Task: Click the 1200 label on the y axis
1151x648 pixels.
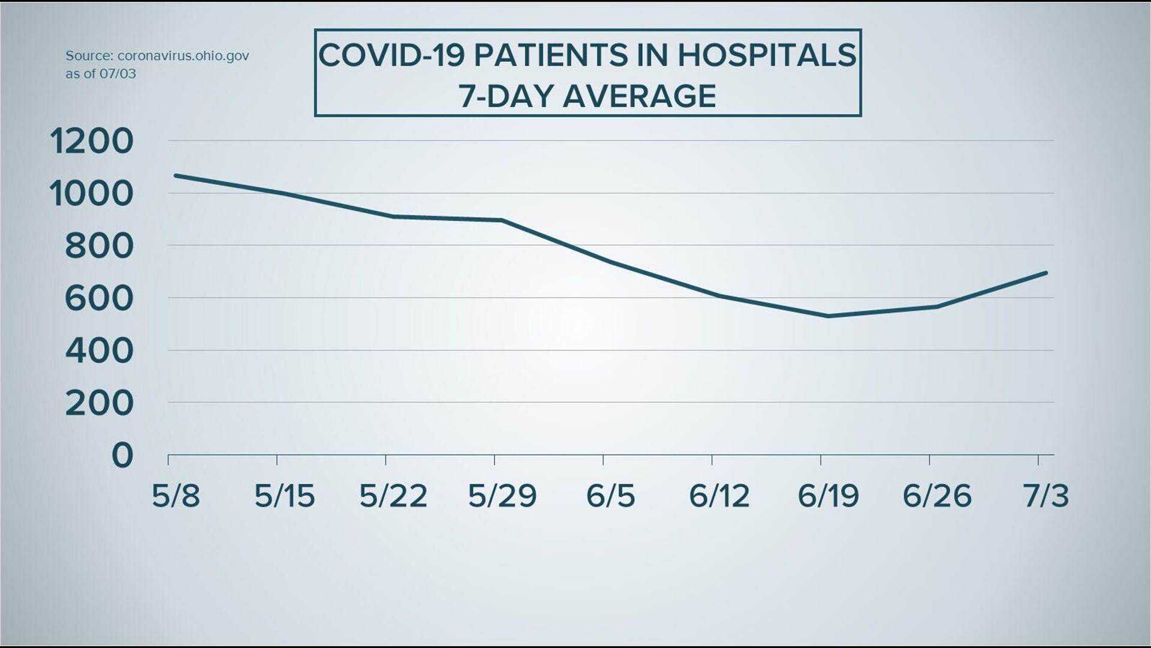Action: [x=91, y=142]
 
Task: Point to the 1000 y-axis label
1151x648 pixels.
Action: [x=91, y=194]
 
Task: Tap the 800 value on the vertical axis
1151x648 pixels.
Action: [x=99, y=247]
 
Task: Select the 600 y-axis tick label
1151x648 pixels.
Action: [x=99, y=299]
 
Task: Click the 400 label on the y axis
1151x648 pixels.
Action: [x=99, y=351]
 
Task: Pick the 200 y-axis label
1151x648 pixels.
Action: [x=99, y=403]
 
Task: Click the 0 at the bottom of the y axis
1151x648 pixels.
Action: [x=122, y=456]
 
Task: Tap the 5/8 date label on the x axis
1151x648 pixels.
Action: [x=176, y=496]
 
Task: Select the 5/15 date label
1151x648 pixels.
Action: [x=284, y=496]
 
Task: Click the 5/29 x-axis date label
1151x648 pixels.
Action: [x=502, y=496]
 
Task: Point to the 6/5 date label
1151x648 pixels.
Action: [x=610, y=496]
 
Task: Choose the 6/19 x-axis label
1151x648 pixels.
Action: [x=828, y=496]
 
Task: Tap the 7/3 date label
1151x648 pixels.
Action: [x=1045, y=496]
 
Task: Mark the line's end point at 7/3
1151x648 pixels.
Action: [x=1046, y=273]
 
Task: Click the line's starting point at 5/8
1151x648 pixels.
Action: [x=174, y=175]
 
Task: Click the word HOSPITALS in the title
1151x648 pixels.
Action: [x=767, y=55]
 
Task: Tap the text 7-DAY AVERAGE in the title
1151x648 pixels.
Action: [x=587, y=96]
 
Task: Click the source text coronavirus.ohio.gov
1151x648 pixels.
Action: [x=183, y=56]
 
